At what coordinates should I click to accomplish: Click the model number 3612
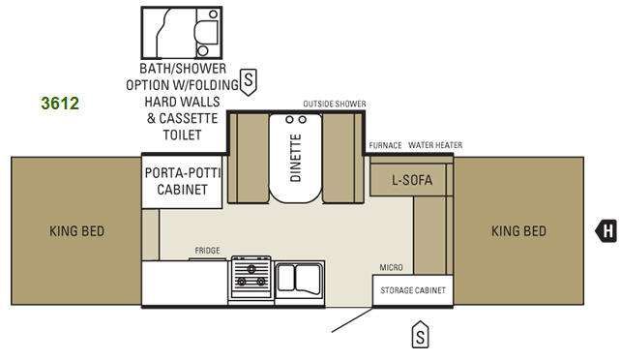[x=60, y=104]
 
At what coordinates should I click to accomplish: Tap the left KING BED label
[x=76, y=231]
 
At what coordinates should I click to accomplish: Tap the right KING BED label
[x=518, y=231]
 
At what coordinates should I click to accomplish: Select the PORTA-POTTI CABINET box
[x=182, y=182]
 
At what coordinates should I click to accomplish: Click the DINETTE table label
[x=296, y=158]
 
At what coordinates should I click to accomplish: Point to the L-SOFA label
[x=412, y=180]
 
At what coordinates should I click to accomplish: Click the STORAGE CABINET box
[x=413, y=290]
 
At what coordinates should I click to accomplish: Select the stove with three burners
[x=251, y=278]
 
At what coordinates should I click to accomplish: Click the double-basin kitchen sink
[x=300, y=280]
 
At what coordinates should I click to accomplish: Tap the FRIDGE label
[x=207, y=251]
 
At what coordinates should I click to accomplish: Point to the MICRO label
[x=391, y=267]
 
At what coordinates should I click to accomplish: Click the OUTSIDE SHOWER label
[x=335, y=104]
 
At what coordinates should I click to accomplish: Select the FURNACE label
[x=385, y=145]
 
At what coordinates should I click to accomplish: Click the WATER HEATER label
[x=435, y=145]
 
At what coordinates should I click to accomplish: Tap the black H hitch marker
[x=607, y=230]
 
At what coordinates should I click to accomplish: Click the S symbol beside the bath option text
[x=249, y=81]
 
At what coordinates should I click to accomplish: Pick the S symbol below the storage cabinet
[x=421, y=335]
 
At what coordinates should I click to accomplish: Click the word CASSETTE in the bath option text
[x=188, y=118]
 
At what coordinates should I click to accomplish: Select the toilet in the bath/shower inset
[x=207, y=32]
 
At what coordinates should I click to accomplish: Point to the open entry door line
[x=352, y=320]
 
